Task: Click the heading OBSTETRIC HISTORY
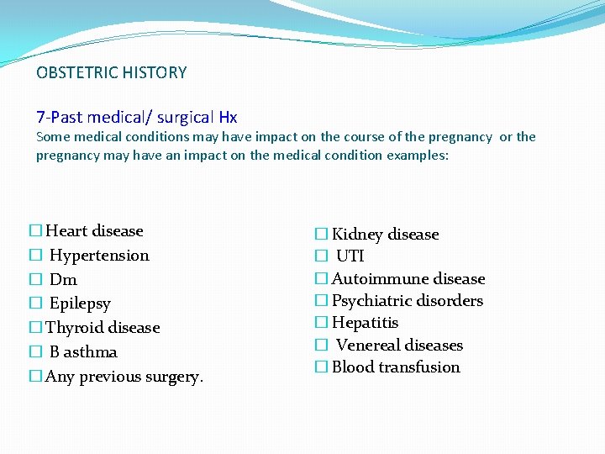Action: pos(112,72)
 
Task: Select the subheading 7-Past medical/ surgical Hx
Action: pos(137,117)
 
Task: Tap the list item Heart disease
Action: pos(94,231)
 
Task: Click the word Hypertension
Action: pos(99,256)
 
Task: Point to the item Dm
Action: pos(63,280)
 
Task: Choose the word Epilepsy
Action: pos(80,304)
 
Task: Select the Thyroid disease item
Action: pos(102,328)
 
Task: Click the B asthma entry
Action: pos(83,352)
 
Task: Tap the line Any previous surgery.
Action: pos(124,377)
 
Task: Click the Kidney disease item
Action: pos(385,235)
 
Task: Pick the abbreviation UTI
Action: pos(350,256)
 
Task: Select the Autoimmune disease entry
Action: pos(408,279)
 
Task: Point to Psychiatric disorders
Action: pos(408,301)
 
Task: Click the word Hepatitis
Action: pos(365,323)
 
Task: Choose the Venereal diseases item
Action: pos(399,346)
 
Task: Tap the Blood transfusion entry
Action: pos(396,367)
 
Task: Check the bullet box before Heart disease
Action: pos(35,231)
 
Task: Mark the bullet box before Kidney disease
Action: pos(321,235)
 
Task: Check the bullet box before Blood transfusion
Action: pos(321,367)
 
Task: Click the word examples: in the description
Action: pos(418,155)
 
